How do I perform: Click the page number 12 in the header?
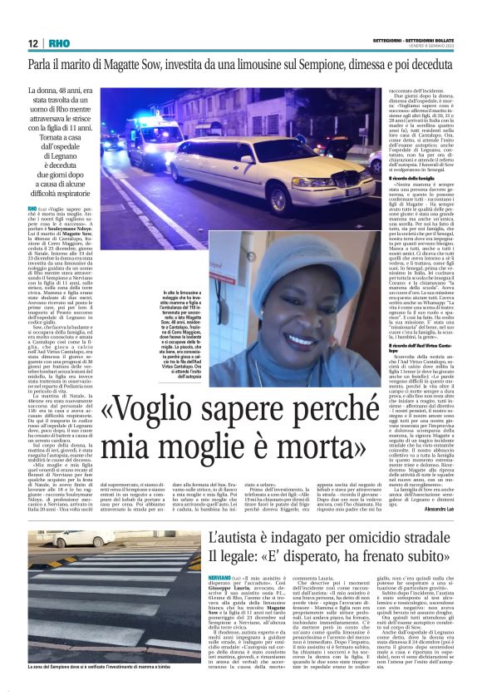point(32,43)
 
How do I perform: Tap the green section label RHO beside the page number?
point(60,43)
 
